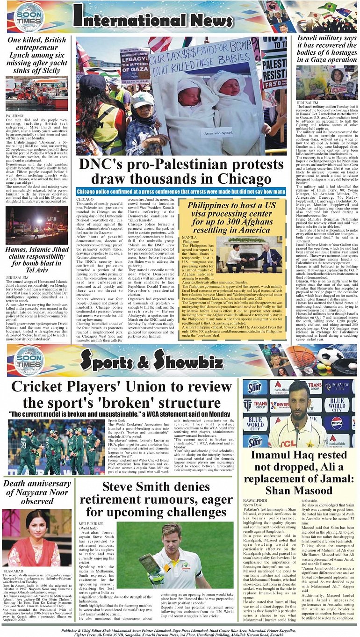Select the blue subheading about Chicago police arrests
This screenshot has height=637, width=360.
click(180, 192)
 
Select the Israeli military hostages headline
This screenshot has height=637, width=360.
click(326, 50)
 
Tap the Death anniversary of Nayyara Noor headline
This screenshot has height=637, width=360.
click(37, 492)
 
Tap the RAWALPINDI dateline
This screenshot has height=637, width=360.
click(255, 500)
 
